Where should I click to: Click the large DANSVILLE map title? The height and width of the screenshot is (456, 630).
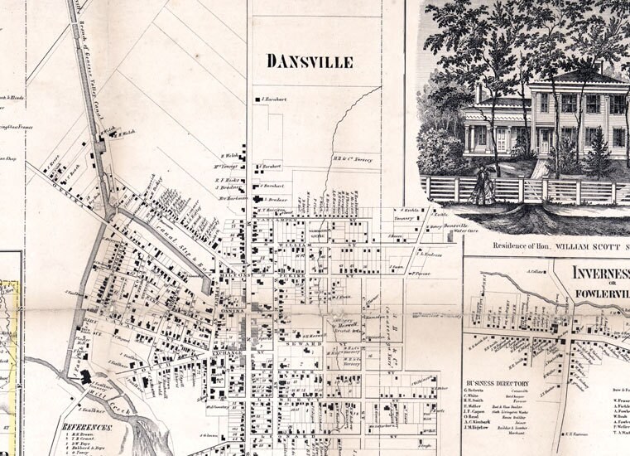point(309,61)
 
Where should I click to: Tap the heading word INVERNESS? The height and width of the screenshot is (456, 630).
point(600,273)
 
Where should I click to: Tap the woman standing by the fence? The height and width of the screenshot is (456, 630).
point(482,187)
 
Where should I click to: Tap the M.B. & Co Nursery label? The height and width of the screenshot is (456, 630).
point(353,159)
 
